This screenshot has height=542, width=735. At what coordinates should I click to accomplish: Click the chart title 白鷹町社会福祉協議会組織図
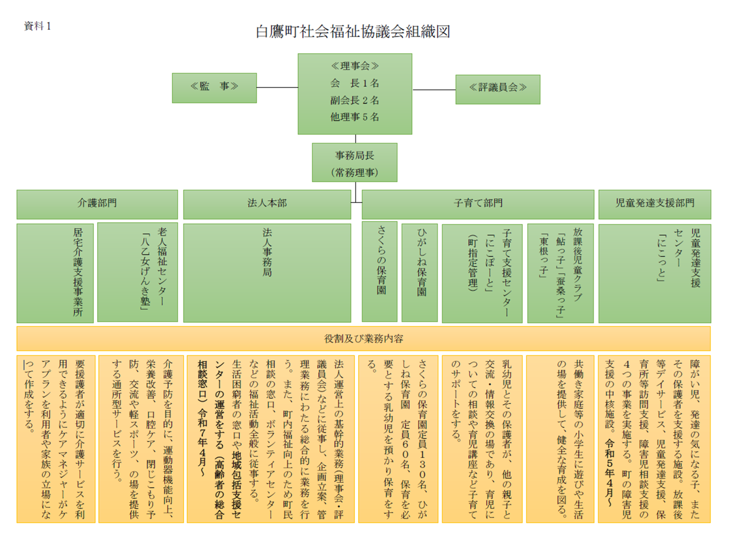pyautogui.click(x=353, y=32)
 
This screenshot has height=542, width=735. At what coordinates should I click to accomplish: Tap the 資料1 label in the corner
pyautogui.click(x=37, y=26)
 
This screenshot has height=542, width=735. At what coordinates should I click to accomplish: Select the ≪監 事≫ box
pyautogui.click(x=214, y=88)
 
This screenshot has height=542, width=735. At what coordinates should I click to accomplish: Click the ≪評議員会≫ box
pyautogui.click(x=497, y=89)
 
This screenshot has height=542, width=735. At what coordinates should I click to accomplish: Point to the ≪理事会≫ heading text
pyautogui.click(x=355, y=66)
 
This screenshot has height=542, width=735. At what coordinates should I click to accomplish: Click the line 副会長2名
pyautogui.click(x=355, y=100)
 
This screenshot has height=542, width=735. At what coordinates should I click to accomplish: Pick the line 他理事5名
pyautogui.click(x=355, y=117)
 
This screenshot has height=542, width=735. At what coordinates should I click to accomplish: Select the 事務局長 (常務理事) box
pyautogui.click(x=355, y=162)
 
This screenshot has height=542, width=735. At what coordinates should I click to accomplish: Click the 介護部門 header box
pyautogui.click(x=97, y=204)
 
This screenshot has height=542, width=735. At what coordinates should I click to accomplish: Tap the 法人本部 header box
pyautogui.click(x=267, y=204)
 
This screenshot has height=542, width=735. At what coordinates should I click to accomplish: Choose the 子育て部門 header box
pyautogui.click(x=478, y=204)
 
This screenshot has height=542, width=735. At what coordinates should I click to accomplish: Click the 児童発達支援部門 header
pyautogui.click(x=655, y=204)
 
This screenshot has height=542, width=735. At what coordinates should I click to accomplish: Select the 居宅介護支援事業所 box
pyautogui.click(x=55, y=273)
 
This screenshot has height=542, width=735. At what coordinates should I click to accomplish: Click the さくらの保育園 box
pyautogui.click(x=380, y=272)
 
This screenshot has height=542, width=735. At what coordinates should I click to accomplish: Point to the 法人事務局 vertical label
pyautogui.click(x=267, y=253)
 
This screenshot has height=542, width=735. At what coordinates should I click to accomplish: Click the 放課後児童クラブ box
pyautogui.click(x=560, y=273)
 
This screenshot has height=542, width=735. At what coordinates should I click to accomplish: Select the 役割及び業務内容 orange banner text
pyautogui.click(x=363, y=338)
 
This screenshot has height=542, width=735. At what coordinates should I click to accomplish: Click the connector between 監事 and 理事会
pyautogui.click(x=277, y=88)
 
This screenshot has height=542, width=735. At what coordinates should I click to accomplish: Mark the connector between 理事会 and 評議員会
pyautogui.click(x=434, y=90)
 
